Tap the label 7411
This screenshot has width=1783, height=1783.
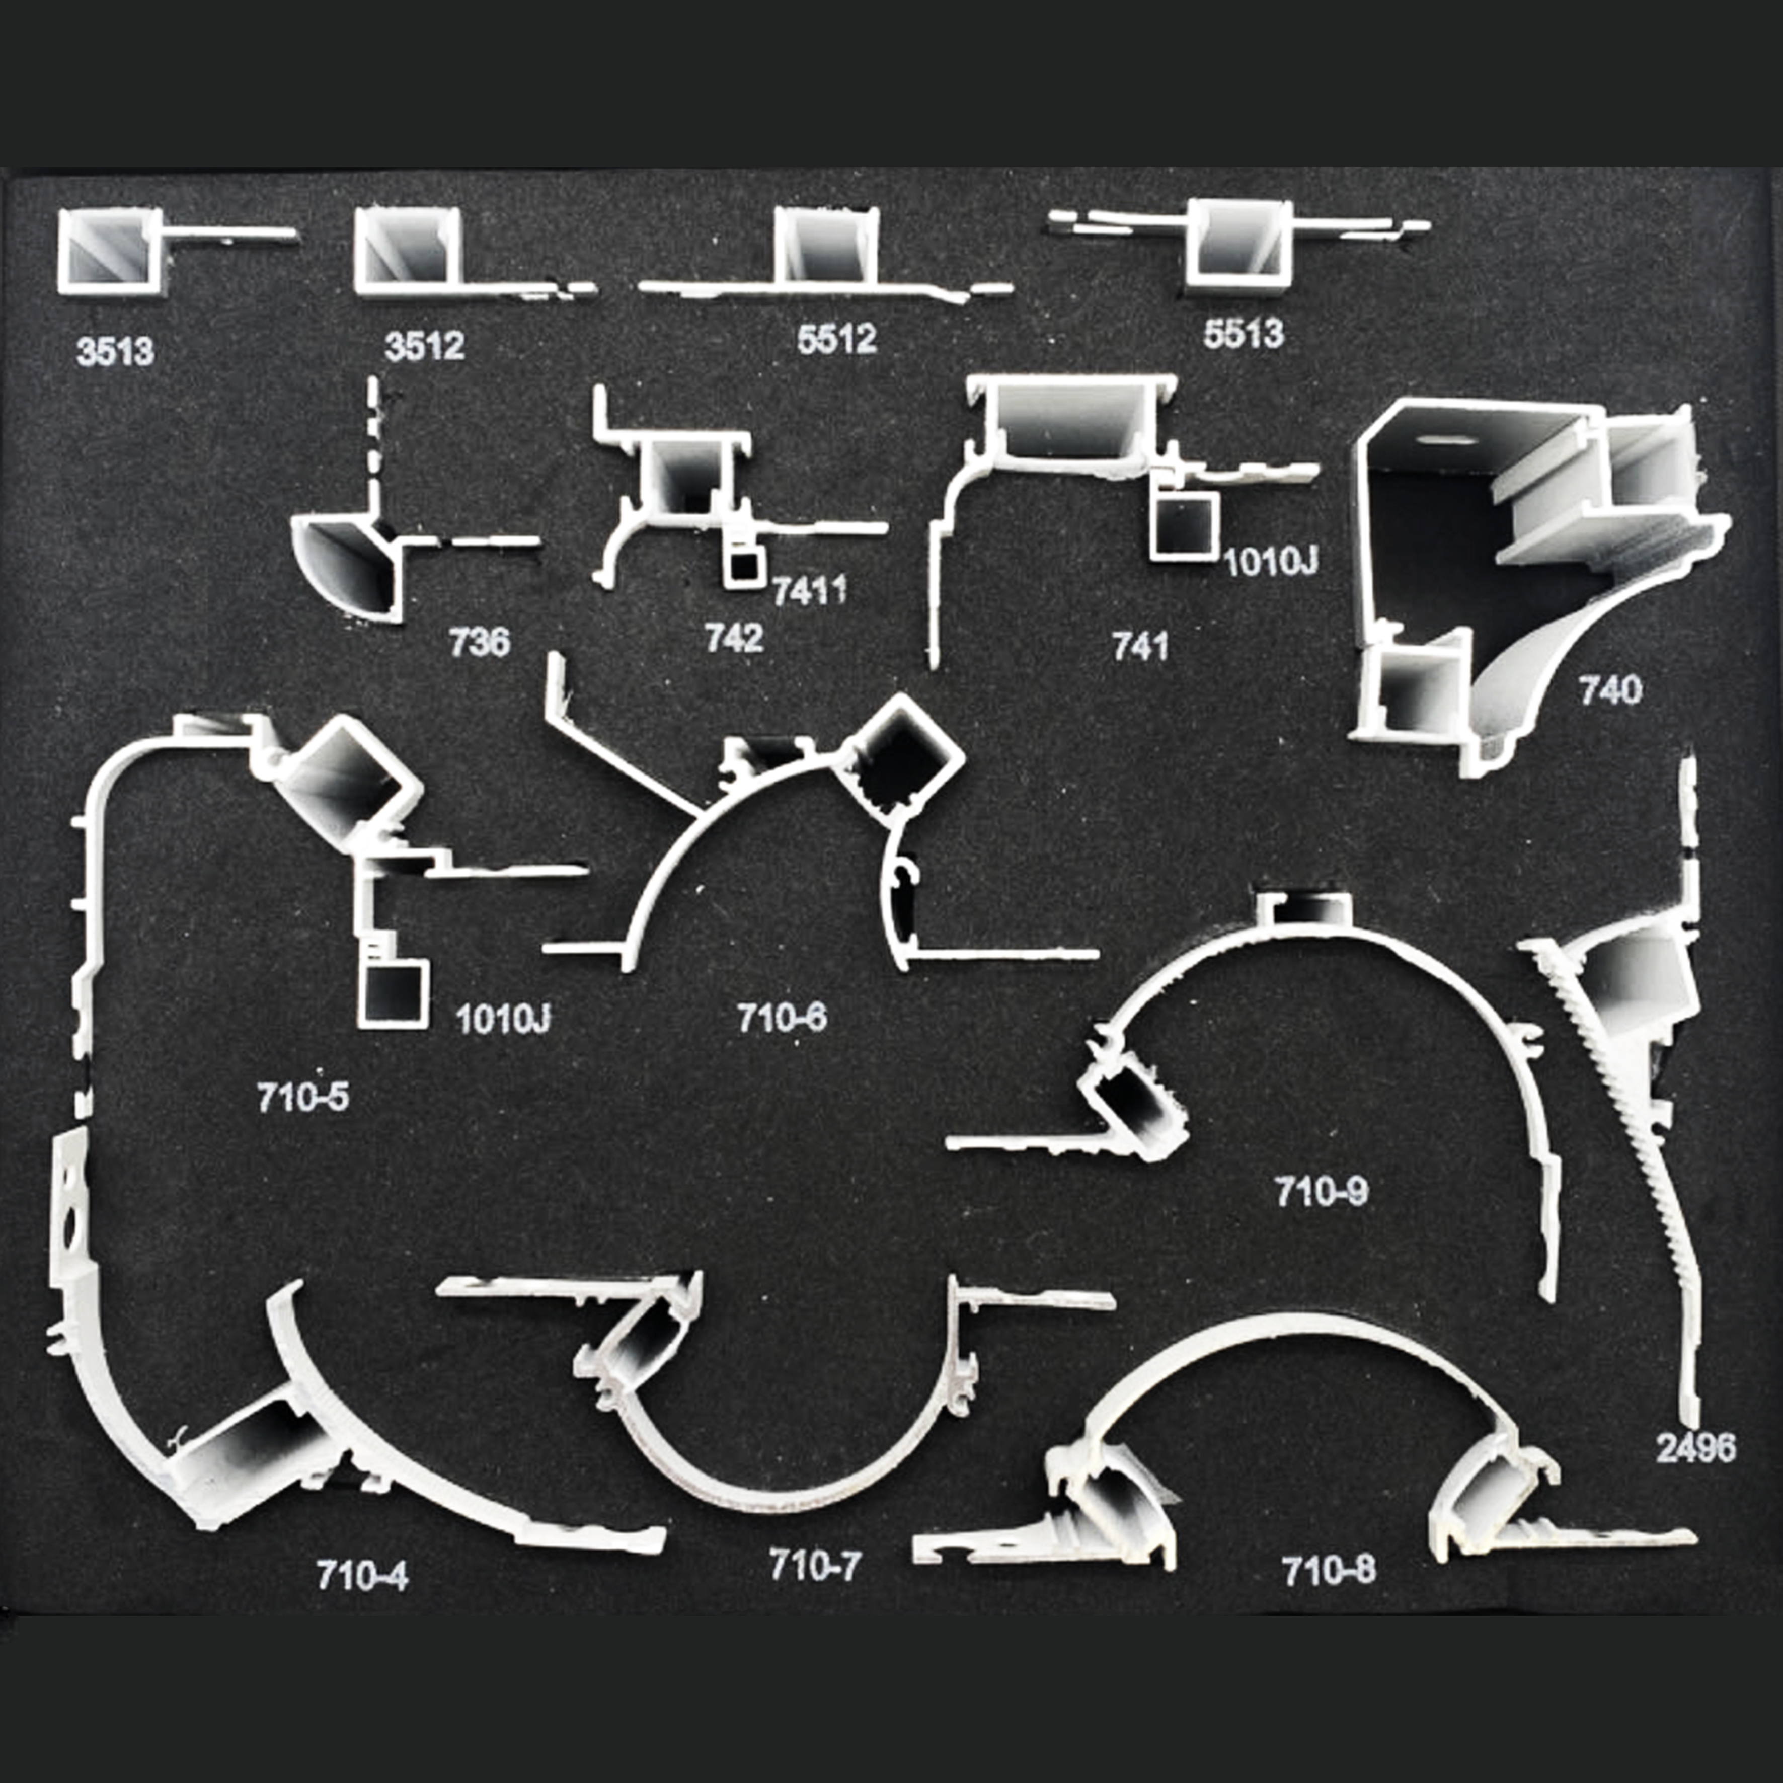[809, 591]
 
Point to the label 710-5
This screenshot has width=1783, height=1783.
[303, 1097]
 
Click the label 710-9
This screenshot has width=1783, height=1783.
[1322, 1192]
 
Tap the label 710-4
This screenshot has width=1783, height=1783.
[362, 1575]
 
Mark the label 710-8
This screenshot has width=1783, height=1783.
[1328, 1570]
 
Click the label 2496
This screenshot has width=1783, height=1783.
[1695, 1448]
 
